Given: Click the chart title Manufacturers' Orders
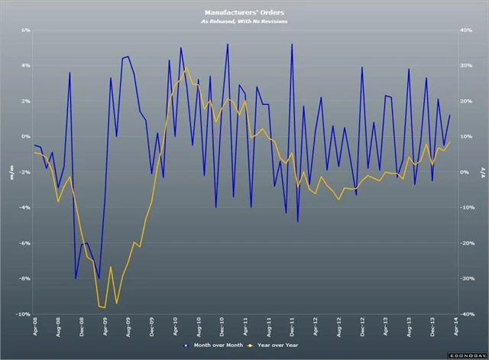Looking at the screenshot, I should pos(244,13).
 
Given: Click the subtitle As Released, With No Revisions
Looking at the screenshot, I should pos(244,21).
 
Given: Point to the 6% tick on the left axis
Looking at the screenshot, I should pos(24,31).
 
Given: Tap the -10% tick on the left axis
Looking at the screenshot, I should pos(23,314).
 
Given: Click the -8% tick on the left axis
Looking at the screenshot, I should pos(24,279).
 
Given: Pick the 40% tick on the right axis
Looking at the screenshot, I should pos(466,31).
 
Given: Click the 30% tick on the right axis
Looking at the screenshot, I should pos(466,66).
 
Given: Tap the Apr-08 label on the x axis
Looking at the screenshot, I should pos(34,327).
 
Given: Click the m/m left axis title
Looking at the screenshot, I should pos(11,173).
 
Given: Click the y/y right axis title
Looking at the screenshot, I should pos(481,173).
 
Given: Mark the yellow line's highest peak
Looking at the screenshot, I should pos(187,67).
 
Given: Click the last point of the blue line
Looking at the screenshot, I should pos(450,115).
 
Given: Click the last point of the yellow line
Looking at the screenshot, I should pos(450,142).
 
